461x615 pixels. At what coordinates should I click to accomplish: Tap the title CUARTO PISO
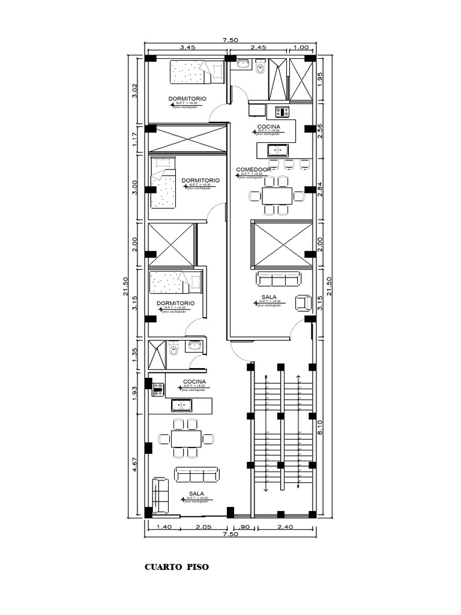[177, 566]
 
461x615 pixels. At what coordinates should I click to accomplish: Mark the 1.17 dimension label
[135, 141]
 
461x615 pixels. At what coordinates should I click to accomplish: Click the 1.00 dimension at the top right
[301, 47]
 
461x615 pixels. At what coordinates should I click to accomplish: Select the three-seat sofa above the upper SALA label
[278, 279]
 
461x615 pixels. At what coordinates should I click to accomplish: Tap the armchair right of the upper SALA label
[303, 303]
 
